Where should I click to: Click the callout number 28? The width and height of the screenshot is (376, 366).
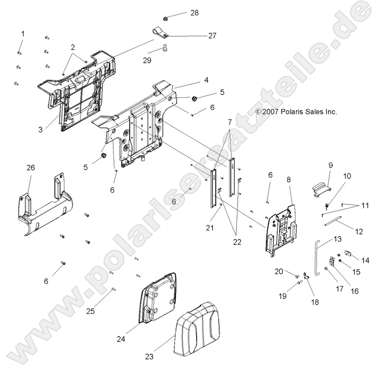click(195, 13)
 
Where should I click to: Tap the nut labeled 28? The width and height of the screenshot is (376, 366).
click(167, 17)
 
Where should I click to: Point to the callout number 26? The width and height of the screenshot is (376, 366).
click(30, 168)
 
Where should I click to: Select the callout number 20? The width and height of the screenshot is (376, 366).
click(279, 271)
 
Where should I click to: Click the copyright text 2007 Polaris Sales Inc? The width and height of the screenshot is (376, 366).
click(289, 112)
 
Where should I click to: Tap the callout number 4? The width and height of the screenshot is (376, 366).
click(206, 80)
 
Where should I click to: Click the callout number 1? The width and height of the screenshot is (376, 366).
click(22, 33)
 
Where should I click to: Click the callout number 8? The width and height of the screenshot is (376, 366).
click(289, 180)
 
